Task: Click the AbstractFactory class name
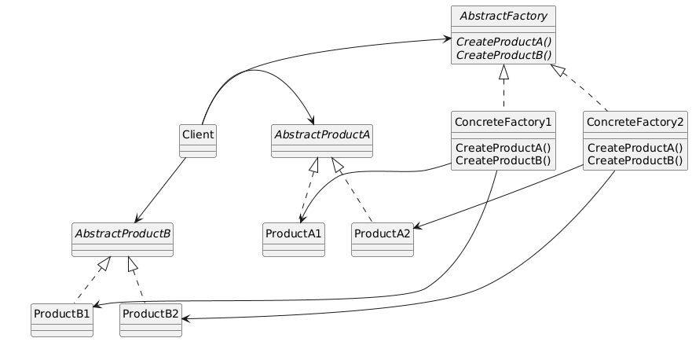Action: pos(503,16)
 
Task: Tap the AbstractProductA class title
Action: pos(321,134)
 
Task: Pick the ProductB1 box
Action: pos(62,321)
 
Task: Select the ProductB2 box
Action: pos(151,321)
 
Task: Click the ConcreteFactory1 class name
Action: pos(503,122)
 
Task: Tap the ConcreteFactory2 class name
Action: pos(635,122)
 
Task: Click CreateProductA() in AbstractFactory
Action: pos(503,42)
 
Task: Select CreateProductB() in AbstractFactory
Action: pos(503,55)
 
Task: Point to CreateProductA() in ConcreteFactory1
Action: pos(503,148)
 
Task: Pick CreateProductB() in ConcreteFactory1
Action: pos(503,161)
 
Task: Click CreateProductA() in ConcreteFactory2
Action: pos(635,148)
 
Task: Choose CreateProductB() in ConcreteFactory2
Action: pos(635,161)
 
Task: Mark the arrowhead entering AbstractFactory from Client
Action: pos(447,39)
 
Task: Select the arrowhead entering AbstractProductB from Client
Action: pos(137,220)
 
